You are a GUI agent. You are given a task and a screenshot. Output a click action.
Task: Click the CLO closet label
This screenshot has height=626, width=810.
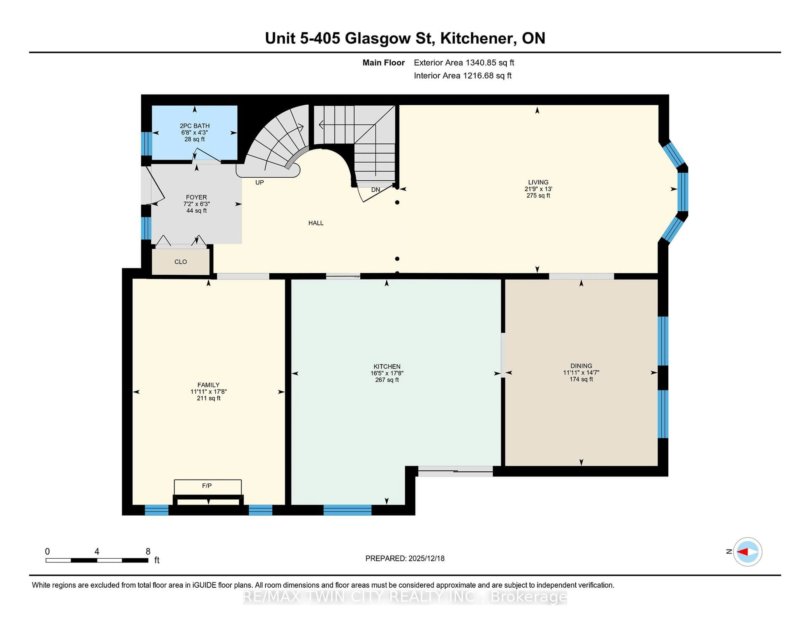tap(180, 262)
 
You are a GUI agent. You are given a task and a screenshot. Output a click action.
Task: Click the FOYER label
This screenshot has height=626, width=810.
tap(196, 197)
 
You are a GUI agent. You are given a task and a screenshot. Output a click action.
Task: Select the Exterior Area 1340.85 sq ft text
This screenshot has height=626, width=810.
tap(464, 63)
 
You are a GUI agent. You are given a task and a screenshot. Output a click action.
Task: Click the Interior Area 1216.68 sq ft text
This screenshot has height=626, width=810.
tap(463, 76)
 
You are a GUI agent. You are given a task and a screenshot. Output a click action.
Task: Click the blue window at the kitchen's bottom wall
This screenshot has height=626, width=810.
tap(347, 510)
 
